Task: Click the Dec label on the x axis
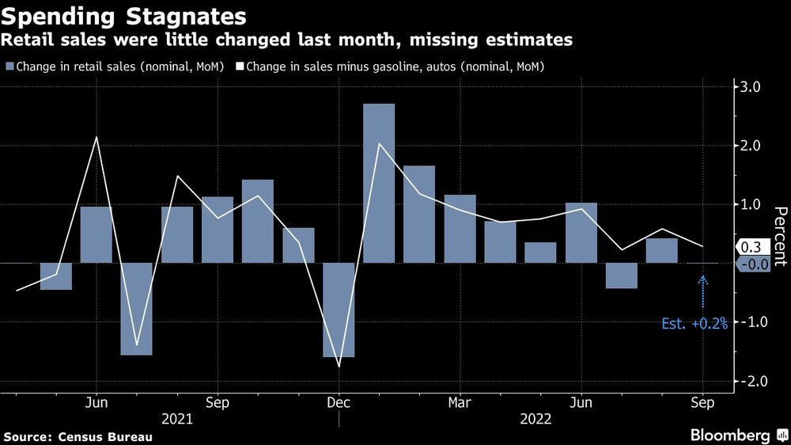pos(338,403)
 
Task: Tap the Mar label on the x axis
pos(459,403)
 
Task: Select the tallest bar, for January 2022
pos(379,183)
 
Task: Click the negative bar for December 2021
pos(339,310)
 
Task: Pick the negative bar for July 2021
pos(137,309)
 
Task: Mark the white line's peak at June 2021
pos(97,138)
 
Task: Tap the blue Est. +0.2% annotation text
pos(694,323)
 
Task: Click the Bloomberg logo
pos(731,435)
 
